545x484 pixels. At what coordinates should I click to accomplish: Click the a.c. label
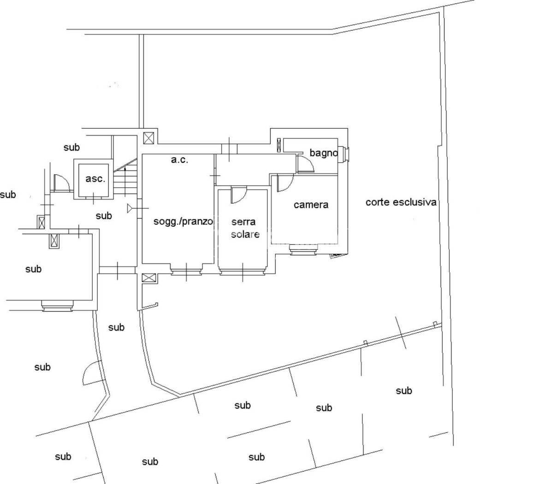(x=179, y=160)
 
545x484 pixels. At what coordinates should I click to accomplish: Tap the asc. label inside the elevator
(x=95, y=179)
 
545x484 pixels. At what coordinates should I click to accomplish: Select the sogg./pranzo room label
(x=183, y=221)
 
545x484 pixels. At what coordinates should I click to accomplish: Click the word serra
(x=243, y=222)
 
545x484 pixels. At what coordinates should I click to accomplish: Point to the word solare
(x=245, y=234)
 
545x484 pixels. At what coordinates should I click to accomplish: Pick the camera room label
(x=311, y=205)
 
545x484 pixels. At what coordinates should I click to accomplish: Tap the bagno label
(x=323, y=153)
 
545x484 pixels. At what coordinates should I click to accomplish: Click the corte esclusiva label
(x=401, y=202)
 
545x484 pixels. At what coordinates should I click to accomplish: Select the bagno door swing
(x=305, y=164)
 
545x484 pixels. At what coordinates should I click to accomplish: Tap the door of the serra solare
(x=238, y=195)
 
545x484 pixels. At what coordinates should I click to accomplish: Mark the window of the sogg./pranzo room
(x=186, y=271)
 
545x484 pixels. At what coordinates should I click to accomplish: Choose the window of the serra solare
(x=243, y=271)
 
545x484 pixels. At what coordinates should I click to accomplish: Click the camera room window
(x=303, y=249)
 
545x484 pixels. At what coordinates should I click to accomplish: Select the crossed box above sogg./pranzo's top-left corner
(x=149, y=138)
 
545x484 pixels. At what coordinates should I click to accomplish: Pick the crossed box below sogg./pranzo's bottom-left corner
(x=148, y=277)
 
